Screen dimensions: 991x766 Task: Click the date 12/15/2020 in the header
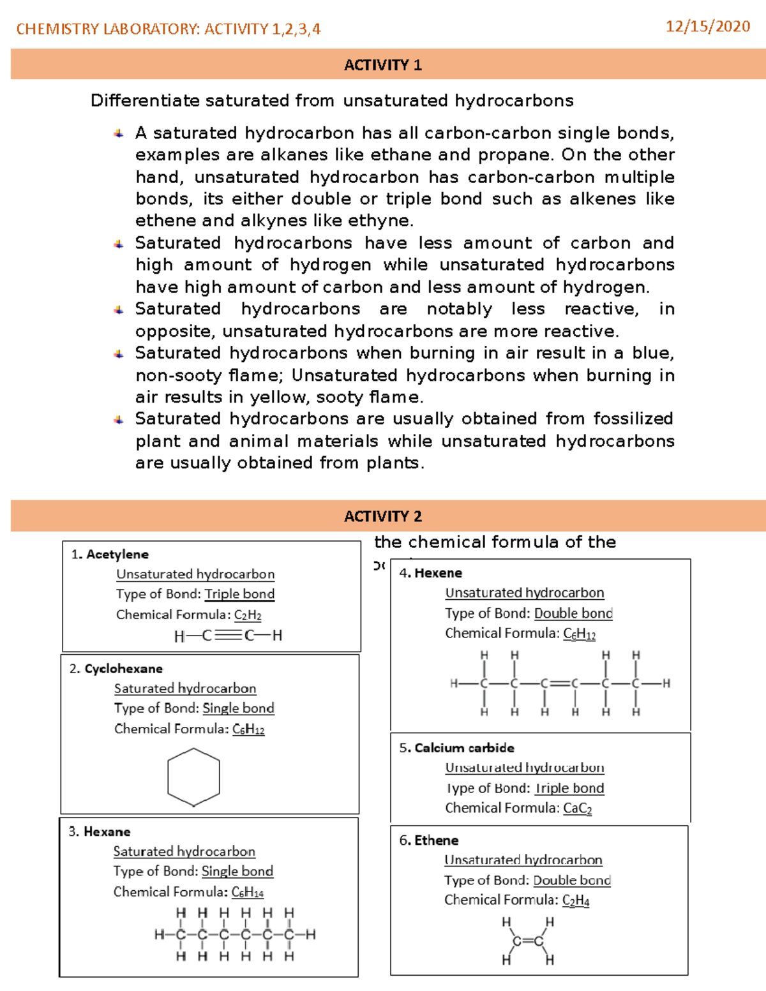(x=707, y=26)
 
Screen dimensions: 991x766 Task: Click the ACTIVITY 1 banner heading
(x=382, y=65)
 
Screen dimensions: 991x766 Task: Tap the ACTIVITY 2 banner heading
(x=382, y=516)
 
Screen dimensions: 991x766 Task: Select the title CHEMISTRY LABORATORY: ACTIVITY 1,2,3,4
(x=169, y=29)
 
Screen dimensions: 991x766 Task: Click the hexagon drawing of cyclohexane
(x=193, y=777)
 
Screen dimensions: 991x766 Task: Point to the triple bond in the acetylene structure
(x=228, y=636)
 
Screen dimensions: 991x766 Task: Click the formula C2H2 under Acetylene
(x=248, y=615)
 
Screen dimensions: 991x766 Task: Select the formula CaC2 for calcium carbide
(x=577, y=808)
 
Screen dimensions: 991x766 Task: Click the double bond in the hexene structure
(x=559, y=683)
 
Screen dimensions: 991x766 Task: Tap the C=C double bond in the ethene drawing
(x=528, y=941)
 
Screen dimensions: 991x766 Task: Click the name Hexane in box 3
(x=107, y=831)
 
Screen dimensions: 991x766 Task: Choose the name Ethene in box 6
(x=436, y=840)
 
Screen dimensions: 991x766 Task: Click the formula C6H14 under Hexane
(x=247, y=892)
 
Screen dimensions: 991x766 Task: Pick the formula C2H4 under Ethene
(x=575, y=900)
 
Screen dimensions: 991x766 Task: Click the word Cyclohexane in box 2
(x=123, y=669)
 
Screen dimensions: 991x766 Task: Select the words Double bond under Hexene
(x=573, y=613)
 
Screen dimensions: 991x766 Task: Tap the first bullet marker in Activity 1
(x=119, y=133)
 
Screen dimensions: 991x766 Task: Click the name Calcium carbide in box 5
(x=464, y=748)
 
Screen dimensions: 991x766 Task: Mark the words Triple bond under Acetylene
(x=239, y=594)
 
